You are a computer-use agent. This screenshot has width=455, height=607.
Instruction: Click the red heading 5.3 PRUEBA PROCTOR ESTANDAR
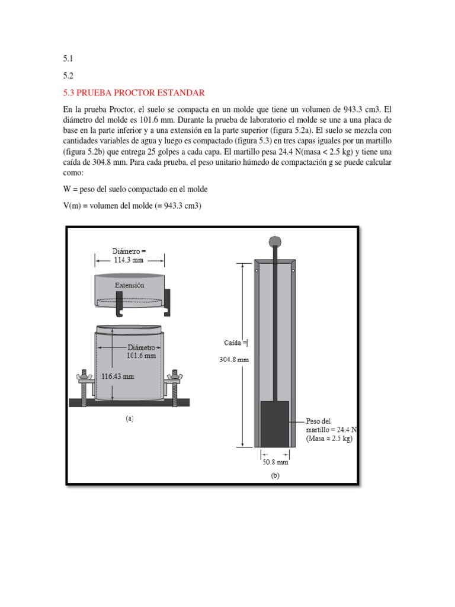click(x=133, y=93)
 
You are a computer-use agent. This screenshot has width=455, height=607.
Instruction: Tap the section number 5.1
click(x=67, y=59)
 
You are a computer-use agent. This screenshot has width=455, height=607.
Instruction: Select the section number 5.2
click(x=67, y=76)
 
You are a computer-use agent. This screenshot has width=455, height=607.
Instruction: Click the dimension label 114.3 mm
click(x=129, y=260)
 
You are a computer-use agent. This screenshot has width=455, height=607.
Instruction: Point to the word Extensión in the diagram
click(x=129, y=285)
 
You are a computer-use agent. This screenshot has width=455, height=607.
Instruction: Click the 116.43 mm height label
click(x=118, y=376)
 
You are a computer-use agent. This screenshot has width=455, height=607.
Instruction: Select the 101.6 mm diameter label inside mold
click(x=141, y=355)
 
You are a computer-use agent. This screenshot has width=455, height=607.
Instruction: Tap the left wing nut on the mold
click(x=82, y=376)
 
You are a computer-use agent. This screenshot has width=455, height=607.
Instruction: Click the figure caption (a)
click(x=129, y=418)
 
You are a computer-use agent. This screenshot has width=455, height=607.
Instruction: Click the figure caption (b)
click(x=275, y=475)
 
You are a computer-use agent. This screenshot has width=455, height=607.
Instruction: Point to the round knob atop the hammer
click(x=275, y=241)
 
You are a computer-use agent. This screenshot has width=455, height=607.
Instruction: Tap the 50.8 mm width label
click(x=275, y=462)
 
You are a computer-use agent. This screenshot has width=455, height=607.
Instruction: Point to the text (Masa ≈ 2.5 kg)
click(x=329, y=439)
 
